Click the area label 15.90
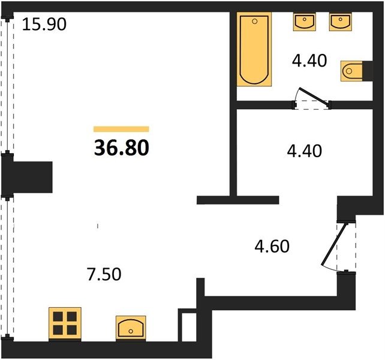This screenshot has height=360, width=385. click(x=44, y=25)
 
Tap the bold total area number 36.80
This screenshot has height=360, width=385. click(x=122, y=148)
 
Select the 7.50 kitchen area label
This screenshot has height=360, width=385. click(x=104, y=274)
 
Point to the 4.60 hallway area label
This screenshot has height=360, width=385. click(x=272, y=247)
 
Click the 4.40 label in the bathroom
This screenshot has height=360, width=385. click(x=309, y=61)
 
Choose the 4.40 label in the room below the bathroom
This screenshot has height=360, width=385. click(x=305, y=151)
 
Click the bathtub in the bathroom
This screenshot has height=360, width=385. click(x=254, y=49)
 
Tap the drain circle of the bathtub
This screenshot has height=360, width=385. click(x=255, y=22)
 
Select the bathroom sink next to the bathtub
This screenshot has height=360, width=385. click(x=305, y=22)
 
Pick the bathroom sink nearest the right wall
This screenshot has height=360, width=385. click(x=340, y=22)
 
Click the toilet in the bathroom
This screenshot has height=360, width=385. click(x=351, y=71)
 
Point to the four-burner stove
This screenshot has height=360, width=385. click(x=65, y=323)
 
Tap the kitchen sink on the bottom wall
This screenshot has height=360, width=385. click(x=131, y=328)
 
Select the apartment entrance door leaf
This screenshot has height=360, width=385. click(x=335, y=245)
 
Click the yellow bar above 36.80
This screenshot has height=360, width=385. click(x=121, y=129)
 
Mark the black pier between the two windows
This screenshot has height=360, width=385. click(x=27, y=177)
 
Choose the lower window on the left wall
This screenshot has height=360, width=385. click(x=7, y=268)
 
